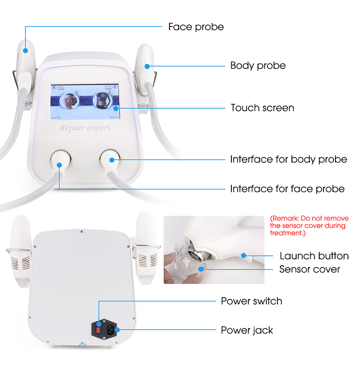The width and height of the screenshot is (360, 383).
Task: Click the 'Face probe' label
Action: (x=196, y=27)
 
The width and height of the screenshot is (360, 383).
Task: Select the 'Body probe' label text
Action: (x=258, y=66)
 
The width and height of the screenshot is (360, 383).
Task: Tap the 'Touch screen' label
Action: (x=262, y=108)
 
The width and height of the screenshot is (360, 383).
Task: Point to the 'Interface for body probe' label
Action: (x=288, y=159)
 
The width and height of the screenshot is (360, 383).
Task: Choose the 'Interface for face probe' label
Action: (x=287, y=189)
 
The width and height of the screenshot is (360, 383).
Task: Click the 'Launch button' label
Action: (x=314, y=256)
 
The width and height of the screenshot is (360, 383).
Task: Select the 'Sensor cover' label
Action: (x=310, y=269)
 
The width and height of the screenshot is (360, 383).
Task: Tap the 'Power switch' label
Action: (x=251, y=301)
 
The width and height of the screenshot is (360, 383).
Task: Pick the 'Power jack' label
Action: (x=247, y=330)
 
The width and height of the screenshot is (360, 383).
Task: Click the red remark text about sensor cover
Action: (x=309, y=225)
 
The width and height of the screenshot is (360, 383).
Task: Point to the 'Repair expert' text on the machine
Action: (x=85, y=128)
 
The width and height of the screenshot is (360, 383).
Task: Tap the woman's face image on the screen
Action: (x=70, y=102)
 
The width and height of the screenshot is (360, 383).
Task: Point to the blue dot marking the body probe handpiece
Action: (x=147, y=66)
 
